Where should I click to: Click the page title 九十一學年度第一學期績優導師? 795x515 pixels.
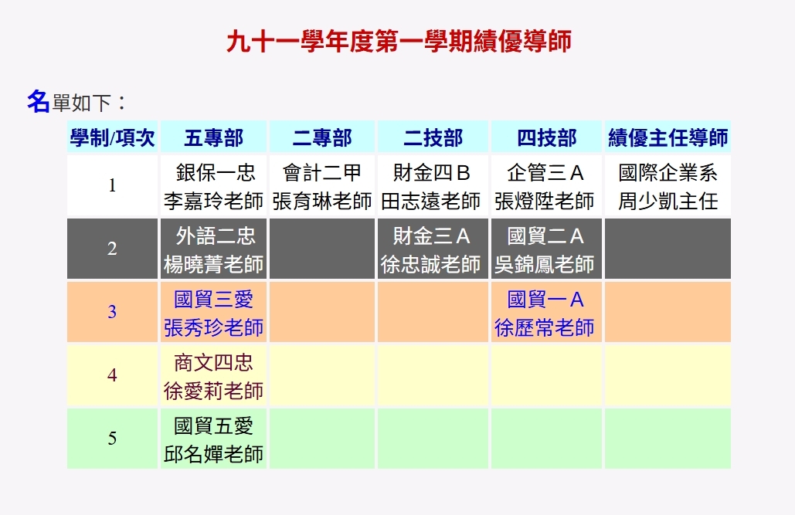[399, 41]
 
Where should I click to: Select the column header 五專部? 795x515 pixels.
[213, 138]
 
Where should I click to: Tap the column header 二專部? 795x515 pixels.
[321, 138]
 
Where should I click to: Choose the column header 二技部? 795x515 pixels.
[433, 138]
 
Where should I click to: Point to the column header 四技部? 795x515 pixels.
[546, 138]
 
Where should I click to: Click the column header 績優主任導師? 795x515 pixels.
[668, 138]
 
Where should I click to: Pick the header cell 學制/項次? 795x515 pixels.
[113, 138]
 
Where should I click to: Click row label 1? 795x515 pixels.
[113, 185]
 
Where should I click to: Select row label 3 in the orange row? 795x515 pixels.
[113, 312]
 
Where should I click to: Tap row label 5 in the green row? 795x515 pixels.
[113, 439]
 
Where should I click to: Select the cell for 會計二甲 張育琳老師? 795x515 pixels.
[321, 186]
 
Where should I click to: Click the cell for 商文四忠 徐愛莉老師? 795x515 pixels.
[213, 376]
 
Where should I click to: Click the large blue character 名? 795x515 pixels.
[38, 101]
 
